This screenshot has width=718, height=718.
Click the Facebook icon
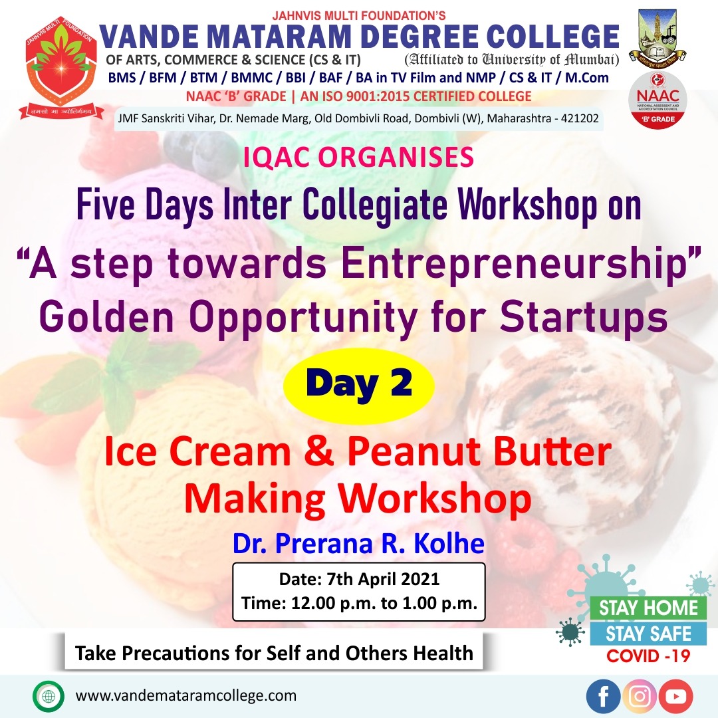pos(603,696)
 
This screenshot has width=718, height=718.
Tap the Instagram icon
pos(640,696)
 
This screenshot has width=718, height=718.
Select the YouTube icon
pos(676,696)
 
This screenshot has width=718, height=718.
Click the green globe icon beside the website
pos(48,696)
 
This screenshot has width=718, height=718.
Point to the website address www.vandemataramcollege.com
pos(186,696)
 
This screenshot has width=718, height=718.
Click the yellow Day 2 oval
pos(358,386)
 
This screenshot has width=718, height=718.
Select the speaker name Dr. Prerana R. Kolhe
pos(358,544)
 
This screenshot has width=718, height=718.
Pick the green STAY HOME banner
pos(648,608)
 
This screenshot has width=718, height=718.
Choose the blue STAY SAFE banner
pos(648,634)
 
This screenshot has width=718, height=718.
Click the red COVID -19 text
pos(648,656)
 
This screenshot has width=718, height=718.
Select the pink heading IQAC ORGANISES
pos(358,158)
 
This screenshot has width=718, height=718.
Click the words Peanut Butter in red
pos(479,452)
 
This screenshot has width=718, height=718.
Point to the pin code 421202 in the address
pos(580,118)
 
